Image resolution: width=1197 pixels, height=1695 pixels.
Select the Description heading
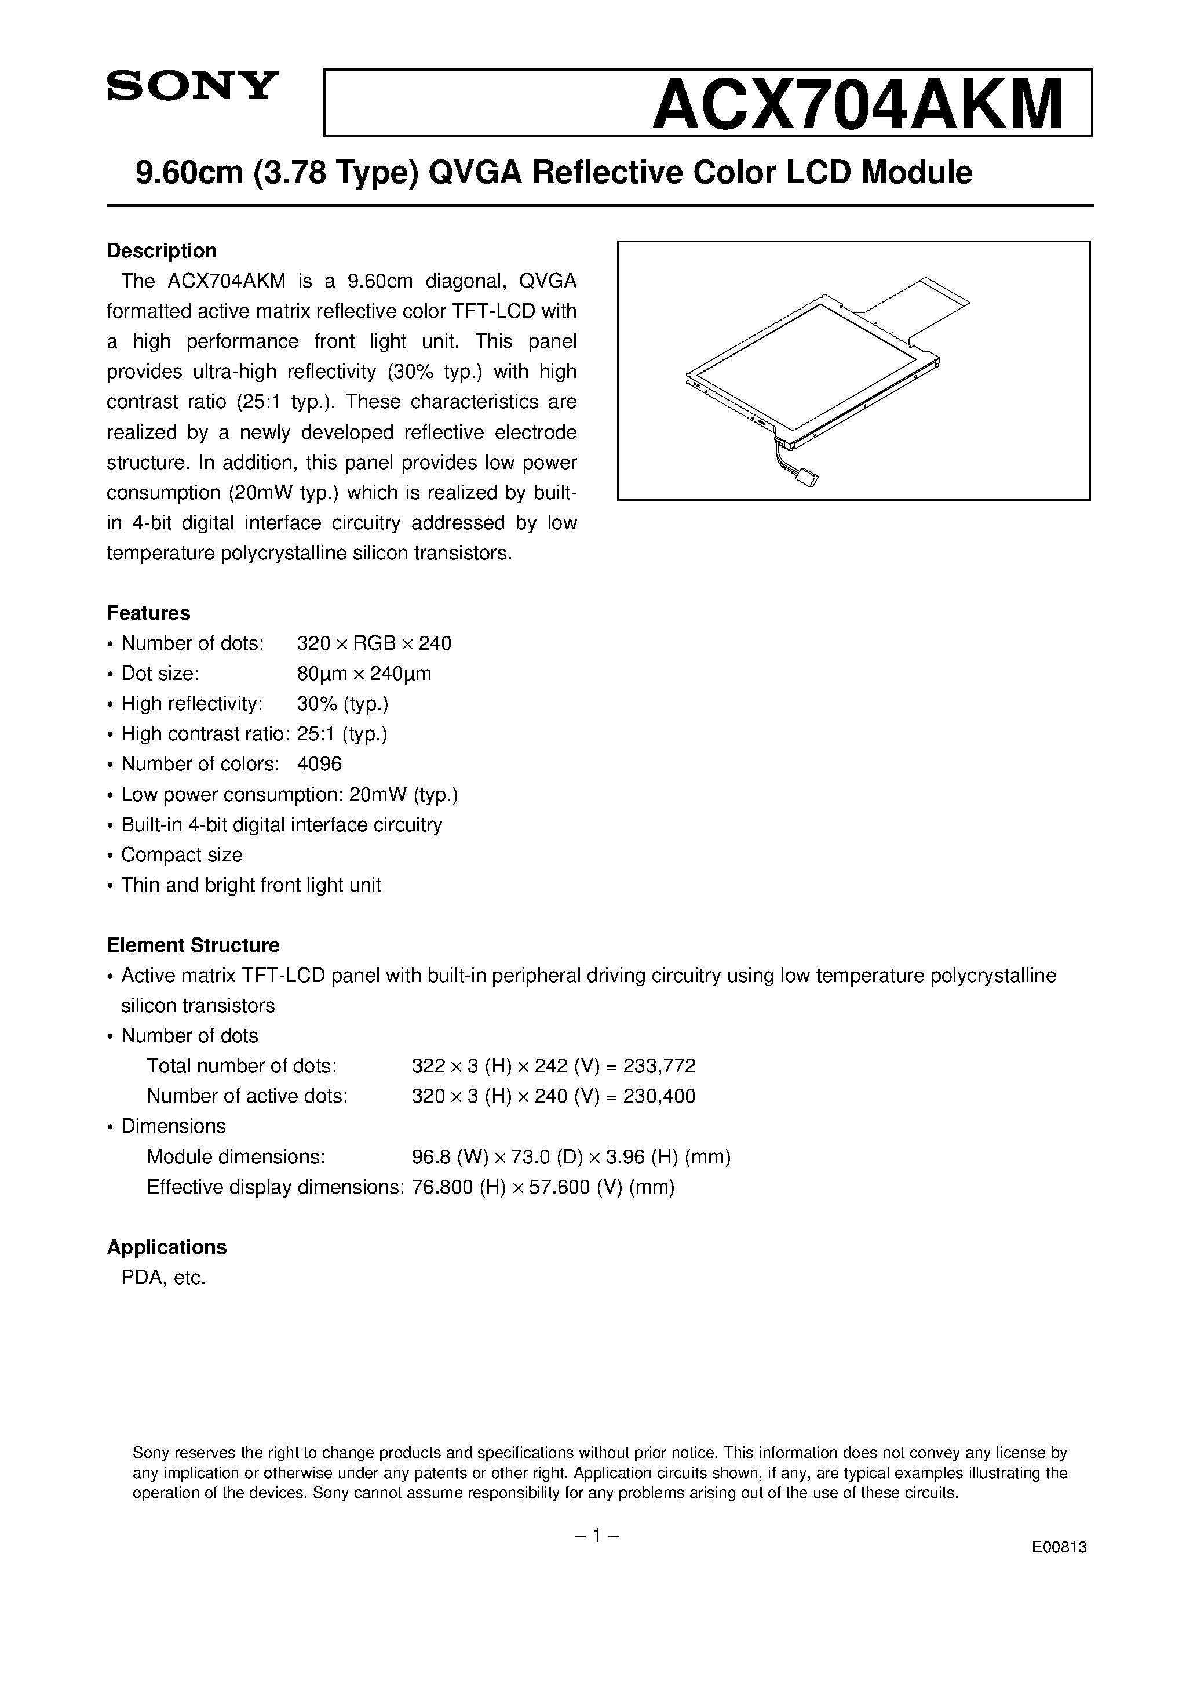(x=162, y=251)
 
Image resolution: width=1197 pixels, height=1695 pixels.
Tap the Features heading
(x=148, y=613)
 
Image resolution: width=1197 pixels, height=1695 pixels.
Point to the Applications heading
(x=167, y=1247)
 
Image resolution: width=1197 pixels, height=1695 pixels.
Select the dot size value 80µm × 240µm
(x=364, y=673)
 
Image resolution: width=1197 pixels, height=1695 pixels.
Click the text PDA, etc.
(x=163, y=1277)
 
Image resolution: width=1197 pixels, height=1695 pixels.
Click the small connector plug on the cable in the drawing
(x=809, y=481)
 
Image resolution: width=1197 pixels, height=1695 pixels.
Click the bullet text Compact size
(x=181, y=855)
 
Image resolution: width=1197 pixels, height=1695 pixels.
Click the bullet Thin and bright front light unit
(x=251, y=885)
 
